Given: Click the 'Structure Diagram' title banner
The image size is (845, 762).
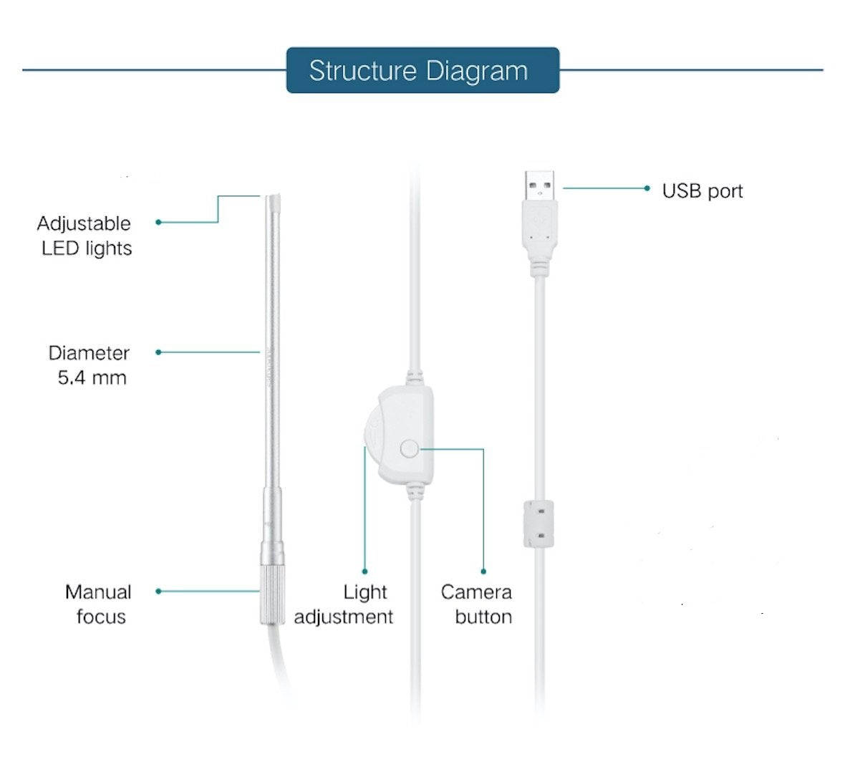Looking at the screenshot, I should [422, 70].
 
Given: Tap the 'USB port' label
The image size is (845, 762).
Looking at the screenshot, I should [702, 191].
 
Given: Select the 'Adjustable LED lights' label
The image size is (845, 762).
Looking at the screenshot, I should [85, 236].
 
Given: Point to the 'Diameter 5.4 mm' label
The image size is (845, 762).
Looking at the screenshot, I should [90, 365].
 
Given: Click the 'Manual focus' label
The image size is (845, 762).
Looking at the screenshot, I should [99, 604].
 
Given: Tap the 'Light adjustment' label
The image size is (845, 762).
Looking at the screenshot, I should [344, 604].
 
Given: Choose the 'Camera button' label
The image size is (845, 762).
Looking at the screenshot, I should [476, 604].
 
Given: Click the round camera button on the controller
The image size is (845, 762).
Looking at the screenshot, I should [409, 449].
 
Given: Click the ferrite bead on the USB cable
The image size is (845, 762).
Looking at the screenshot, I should [539, 524].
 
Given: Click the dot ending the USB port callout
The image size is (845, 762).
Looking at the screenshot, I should [647, 188].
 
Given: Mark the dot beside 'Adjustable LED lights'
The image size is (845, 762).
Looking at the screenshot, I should [158, 222].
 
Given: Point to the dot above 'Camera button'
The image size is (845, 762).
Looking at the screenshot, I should [483, 571].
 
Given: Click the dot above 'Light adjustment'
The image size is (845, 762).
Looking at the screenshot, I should [364, 571].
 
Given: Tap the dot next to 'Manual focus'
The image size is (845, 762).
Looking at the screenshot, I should [158, 591].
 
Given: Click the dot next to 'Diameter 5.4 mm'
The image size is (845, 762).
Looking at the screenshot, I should [158, 352].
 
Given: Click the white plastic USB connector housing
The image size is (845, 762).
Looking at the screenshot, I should [539, 233].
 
